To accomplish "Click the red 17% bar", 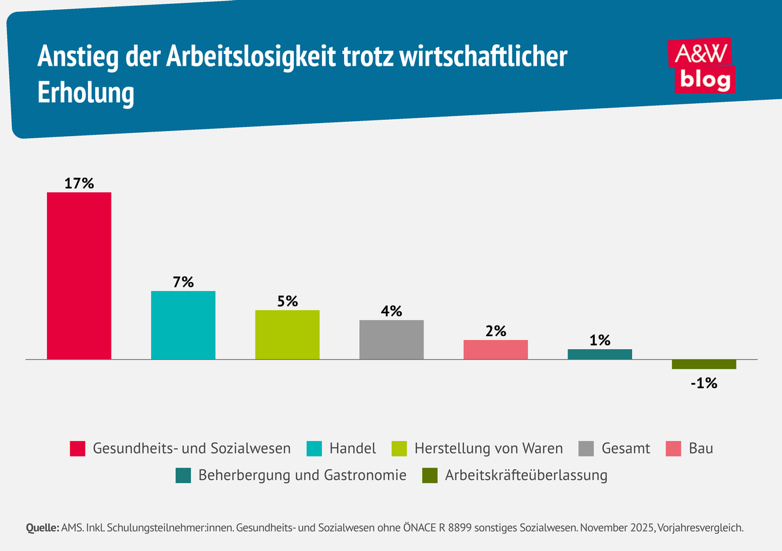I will click(x=79, y=275).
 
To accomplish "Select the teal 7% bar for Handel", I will click(x=183, y=325).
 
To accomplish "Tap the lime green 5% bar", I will click(x=287, y=335).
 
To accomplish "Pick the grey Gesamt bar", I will click(x=392, y=339).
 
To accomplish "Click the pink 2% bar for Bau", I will click(x=496, y=350).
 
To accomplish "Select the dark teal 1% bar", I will click(x=600, y=354).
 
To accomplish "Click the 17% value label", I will click(x=79, y=183).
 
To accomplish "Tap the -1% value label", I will click(x=704, y=383).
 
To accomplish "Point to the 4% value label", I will click(x=392, y=311).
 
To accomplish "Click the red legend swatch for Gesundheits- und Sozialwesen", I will click(x=78, y=449).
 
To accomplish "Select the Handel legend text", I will click(x=353, y=449).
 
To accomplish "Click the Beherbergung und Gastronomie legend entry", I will click(x=302, y=475).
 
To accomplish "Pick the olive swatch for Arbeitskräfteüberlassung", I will click(x=430, y=475).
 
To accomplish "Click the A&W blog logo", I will click(x=703, y=65).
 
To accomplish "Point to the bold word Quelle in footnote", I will click(x=42, y=528).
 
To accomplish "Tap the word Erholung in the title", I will click(x=85, y=94).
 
